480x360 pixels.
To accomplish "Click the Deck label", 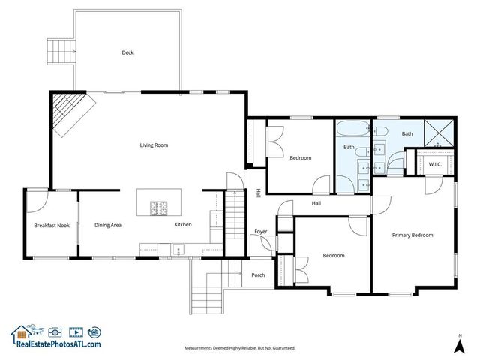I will point(127,52).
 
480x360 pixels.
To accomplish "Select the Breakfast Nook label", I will point(51,225).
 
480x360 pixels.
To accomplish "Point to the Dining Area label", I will point(108,225).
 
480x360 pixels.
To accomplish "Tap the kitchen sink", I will point(178,250).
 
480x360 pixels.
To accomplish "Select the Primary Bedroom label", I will point(412,235).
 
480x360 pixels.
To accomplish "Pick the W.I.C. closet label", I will point(434,164).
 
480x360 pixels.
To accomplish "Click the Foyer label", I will point(260,231).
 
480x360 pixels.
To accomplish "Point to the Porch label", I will point(258,275).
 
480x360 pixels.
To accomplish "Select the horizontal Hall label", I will point(316,202).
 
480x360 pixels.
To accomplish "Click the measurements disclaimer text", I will point(240,348).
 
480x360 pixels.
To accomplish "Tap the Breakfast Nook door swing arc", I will point(34,199).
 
